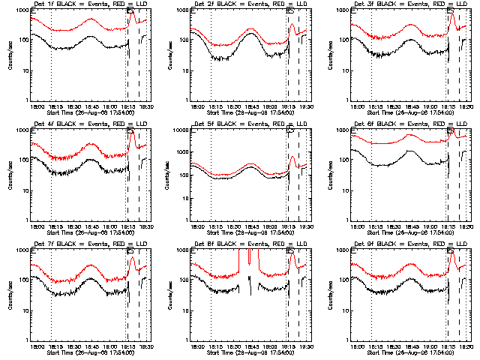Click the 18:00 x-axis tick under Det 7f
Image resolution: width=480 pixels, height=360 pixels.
pos(37,347)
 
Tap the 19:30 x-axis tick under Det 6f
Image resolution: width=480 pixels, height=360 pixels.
pos(466,227)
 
